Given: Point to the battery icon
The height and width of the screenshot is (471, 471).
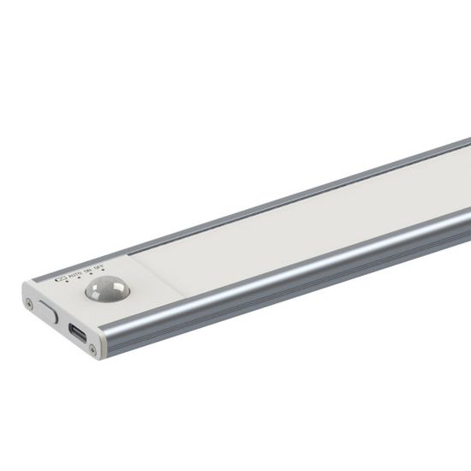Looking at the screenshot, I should point(61,278).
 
